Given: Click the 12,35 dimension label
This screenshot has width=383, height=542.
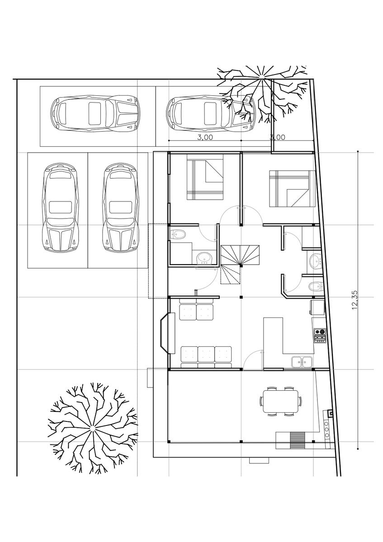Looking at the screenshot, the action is pyautogui.click(x=355, y=300).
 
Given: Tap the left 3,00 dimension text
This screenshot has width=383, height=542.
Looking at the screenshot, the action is pyautogui.click(x=205, y=137).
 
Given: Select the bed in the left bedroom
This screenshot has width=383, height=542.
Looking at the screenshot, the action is pyautogui.click(x=205, y=178).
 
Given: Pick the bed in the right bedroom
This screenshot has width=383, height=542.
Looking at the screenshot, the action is pyautogui.click(x=293, y=189).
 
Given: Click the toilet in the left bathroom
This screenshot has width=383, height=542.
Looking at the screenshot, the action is pyautogui.click(x=178, y=234).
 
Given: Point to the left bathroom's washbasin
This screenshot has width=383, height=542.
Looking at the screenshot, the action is pyautogui.click(x=204, y=258).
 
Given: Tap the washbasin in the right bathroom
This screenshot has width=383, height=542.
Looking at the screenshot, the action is pyautogui.click(x=316, y=261).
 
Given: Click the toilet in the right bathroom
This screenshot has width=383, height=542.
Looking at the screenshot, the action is pyautogui.click(x=316, y=286).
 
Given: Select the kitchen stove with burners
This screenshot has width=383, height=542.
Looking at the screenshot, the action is pyautogui.click(x=320, y=335).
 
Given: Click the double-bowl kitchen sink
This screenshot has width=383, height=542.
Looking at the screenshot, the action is pyautogui.click(x=302, y=362).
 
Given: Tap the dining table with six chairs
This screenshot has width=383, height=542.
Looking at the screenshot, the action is pyautogui.click(x=280, y=402).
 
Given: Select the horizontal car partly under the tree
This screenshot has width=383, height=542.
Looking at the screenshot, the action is pyautogui.click(x=211, y=114).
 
